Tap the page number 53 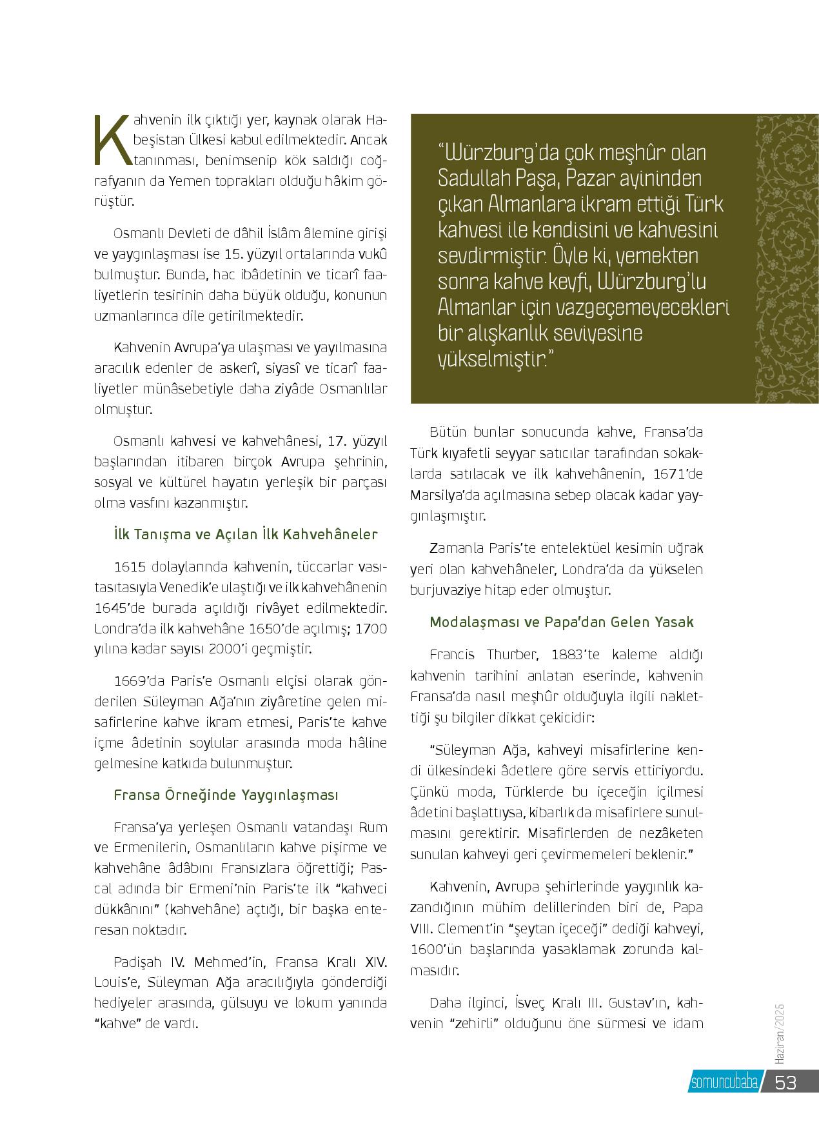tap(786, 1082)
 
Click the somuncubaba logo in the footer tap(724, 1082)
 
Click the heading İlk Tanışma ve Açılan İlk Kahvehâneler tap(245, 535)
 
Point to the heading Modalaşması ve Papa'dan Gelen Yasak tap(561, 622)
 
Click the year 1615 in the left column tap(128, 566)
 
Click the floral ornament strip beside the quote tap(786, 258)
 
